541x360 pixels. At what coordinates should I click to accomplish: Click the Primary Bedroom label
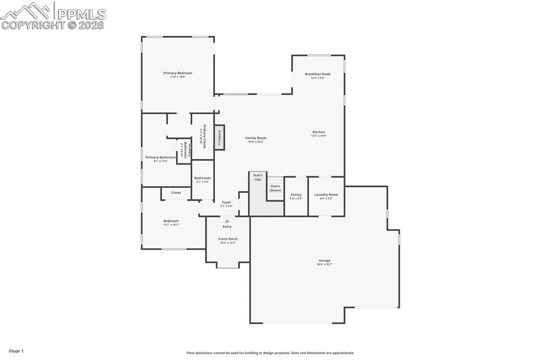[x=178, y=73]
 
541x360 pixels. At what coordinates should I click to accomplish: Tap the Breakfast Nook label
[x=318, y=74]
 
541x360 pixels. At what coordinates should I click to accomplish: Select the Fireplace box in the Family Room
[x=219, y=137]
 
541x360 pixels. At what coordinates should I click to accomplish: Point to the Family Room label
[x=256, y=138]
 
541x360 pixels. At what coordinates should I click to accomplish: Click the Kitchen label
[x=319, y=132]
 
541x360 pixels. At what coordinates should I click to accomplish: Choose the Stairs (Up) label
[x=258, y=177]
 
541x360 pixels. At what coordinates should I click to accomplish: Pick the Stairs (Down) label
[x=275, y=188]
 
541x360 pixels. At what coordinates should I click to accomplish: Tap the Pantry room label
[x=296, y=195]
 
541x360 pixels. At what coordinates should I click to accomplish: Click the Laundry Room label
[x=326, y=195]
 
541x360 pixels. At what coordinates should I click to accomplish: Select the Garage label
[x=324, y=261]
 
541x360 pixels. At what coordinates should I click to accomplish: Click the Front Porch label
[x=228, y=239]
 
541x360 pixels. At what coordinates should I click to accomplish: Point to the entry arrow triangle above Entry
[x=227, y=221]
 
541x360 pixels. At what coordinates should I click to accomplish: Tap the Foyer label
[x=226, y=203]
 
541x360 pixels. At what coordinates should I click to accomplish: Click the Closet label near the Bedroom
[x=176, y=193]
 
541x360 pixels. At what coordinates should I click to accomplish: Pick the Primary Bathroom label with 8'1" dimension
[x=161, y=157]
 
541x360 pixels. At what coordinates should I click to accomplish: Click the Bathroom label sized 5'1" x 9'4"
[x=202, y=178]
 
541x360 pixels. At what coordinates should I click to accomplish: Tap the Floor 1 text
[x=16, y=351]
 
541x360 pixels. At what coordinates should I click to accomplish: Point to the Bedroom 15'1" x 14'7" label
[x=171, y=221]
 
